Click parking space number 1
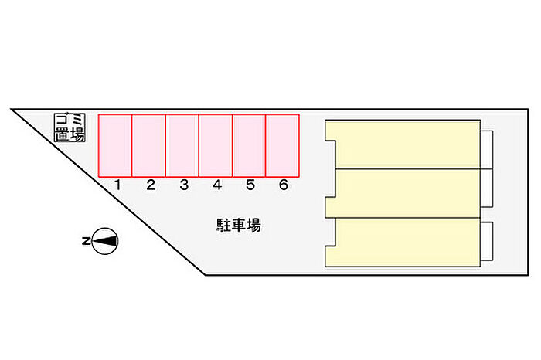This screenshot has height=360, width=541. tap(115, 145)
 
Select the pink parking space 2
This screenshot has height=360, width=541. tap(148, 145)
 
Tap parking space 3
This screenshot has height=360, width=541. tap(182, 145)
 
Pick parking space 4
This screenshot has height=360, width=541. tap(216, 145)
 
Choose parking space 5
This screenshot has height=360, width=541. tap(249, 145)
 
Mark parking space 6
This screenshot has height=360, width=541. tap(282, 145)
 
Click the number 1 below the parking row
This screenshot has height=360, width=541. tap(117, 185)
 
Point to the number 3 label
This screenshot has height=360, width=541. tap(184, 185)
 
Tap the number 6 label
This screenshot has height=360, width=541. tap(284, 185)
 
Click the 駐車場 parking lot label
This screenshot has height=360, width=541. tap(239, 225)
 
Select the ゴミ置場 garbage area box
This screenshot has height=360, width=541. tap(70, 127)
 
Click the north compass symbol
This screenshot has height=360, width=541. tap(105, 241)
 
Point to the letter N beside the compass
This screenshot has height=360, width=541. tap(86, 241)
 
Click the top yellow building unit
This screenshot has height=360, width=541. tap(403, 144)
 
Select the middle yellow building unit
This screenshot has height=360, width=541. tap(403, 193)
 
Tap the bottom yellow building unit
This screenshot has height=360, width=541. tap(403, 242)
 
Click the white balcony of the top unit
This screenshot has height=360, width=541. tap(486, 150)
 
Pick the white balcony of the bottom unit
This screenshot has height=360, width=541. tap(486, 241)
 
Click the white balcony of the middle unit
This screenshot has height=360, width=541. tap(486, 188)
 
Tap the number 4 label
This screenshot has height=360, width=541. tap(217, 185)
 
